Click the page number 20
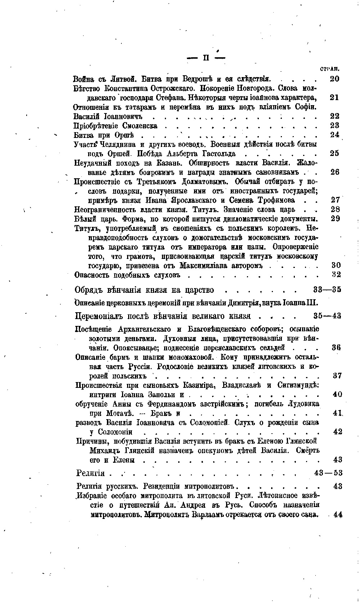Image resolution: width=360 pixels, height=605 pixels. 335,79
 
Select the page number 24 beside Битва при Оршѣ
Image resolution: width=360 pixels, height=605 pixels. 335,135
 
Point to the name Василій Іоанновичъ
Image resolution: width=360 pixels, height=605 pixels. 108,116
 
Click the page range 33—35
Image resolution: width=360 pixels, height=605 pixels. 327,290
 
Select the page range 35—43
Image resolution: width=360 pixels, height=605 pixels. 327,316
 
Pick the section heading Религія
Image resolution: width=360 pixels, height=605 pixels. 91,472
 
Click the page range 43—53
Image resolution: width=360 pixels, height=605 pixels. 328,472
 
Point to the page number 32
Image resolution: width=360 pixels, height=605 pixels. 336,274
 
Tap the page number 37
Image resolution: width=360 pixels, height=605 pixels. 337,376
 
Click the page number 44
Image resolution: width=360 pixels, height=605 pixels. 338,515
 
